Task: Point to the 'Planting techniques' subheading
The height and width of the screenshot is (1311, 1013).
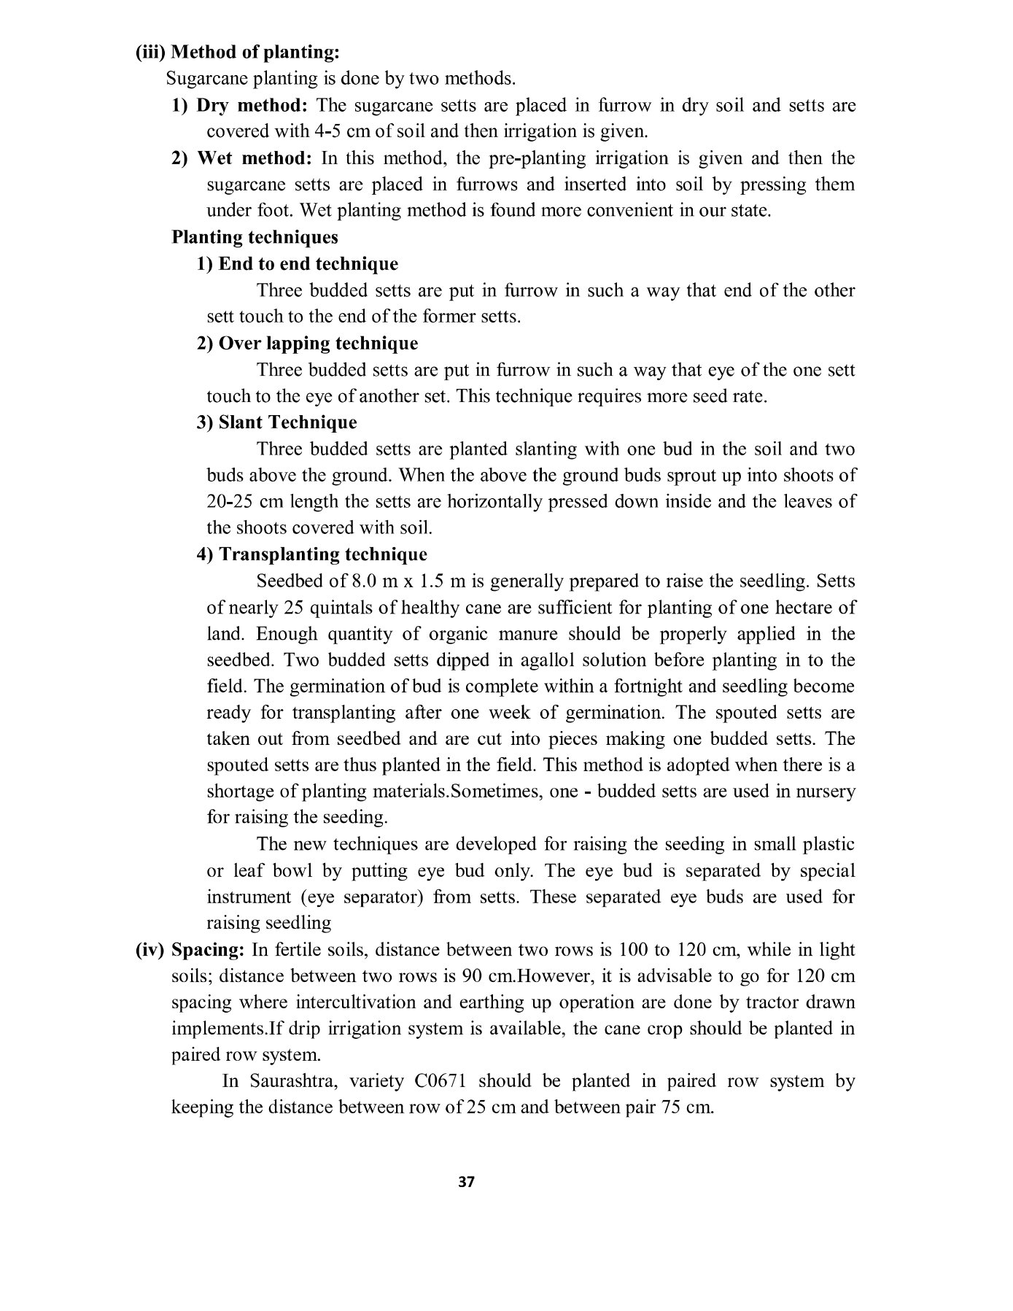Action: pyautogui.click(x=255, y=238)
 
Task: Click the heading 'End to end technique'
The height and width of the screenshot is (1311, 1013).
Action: pyautogui.click(x=308, y=264)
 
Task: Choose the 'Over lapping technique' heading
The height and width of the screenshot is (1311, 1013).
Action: pyautogui.click(x=318, y=344)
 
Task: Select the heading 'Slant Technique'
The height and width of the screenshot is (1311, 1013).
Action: pyautogui.click(x=287, y=423)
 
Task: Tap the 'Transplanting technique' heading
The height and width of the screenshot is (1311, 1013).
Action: pyautogui.click(x=322, y=554)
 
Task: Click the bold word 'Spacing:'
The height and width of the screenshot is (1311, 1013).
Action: pyautogui.click(x=208, y=951)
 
